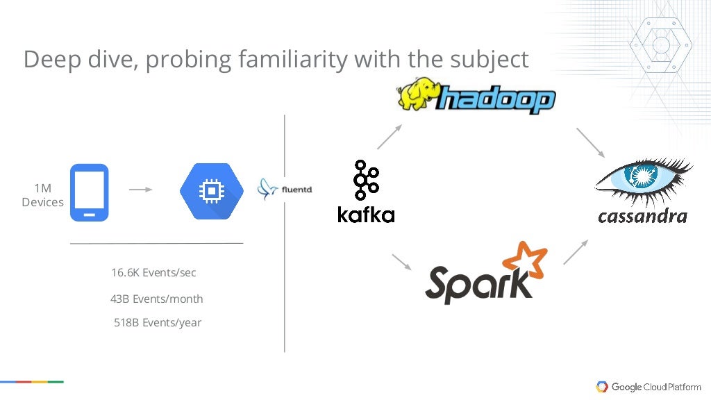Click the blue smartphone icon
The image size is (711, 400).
pos(89,192)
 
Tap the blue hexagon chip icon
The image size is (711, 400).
pos(212,190)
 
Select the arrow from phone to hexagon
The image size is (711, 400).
pos(141,189)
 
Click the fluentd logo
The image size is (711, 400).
pos(285,187)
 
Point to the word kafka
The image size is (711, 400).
pos(366,214)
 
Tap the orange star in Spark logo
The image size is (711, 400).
pos(525,262)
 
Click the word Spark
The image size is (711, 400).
pos(476,283)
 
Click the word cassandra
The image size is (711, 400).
pos(642,216)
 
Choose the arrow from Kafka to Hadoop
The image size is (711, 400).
pos(390,137)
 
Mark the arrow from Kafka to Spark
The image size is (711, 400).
pos(402,262)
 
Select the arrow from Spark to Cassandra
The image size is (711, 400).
pos(576,251)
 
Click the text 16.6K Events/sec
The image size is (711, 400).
pos(153,273)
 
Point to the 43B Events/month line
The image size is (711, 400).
pos(156,299)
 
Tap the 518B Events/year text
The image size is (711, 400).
pos(158,322)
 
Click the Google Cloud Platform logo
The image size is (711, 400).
pos(649,387)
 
